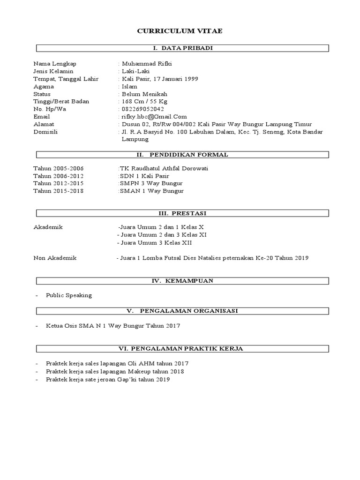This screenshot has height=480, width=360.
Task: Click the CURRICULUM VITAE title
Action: (180, 31)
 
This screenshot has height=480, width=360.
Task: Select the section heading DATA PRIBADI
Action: (183, 48)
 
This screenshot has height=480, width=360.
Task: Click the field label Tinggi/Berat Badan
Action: (61, 101)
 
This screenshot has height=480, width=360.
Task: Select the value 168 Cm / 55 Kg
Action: (144, 101)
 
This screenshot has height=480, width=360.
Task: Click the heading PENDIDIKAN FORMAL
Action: (183, 155)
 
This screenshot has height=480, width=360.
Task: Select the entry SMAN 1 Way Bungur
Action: (152, 191)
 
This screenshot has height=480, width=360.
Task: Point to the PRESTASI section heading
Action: (183, 214)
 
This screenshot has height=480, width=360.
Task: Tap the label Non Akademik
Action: (55, 258)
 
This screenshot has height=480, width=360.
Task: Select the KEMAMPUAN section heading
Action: (183, 280)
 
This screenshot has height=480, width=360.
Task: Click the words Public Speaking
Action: (69, 295)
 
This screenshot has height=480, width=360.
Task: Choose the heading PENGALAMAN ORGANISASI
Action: (183, 310)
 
